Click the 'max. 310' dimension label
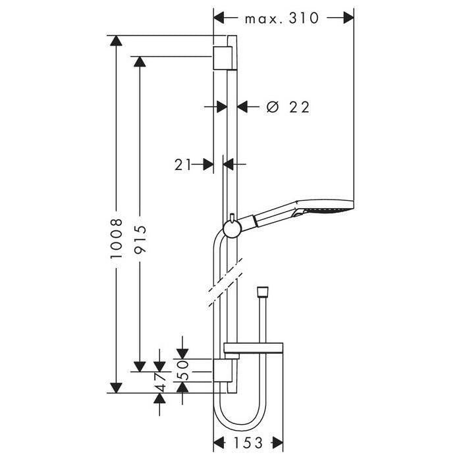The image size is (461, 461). [282, 18]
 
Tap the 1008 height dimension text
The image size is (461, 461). [117, 238]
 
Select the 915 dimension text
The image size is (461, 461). [140, 239]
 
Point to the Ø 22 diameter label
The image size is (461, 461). [288, 107]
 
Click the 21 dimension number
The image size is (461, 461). [183, 165]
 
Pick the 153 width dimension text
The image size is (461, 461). [248, 443]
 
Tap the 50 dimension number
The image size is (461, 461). [182, 370]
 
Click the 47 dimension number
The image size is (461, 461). [160, 382]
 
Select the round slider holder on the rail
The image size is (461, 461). [232, 229]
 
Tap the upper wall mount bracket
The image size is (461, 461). [224, 58]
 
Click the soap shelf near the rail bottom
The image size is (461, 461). [254, 348]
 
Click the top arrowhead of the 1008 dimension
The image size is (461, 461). [117, 41]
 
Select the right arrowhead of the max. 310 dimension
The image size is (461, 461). [348, 18]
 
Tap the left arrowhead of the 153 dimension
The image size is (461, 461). [219, 443]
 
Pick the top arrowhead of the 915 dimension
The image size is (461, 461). [140, 61]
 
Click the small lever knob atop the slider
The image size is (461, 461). [232, 218]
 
